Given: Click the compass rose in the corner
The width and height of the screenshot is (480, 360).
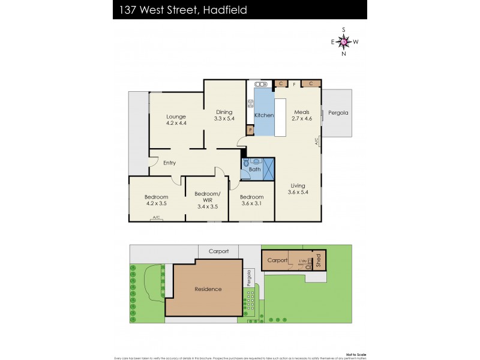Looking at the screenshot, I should (344, 41).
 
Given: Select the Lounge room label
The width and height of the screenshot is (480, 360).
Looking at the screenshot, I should (176, 116).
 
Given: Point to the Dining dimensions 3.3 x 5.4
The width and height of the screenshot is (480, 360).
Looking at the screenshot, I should (224, 119).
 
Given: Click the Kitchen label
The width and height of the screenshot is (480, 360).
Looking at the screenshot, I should (264, 115).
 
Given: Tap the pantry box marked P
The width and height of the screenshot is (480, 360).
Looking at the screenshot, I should (250, 130).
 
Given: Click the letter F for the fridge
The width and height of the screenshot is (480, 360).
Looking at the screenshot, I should (295, 85).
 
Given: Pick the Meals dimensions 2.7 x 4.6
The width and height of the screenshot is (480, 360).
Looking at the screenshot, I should (301, 119).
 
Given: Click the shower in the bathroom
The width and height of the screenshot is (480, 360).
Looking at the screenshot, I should (268, 167).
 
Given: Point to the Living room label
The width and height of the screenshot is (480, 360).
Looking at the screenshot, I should (299, 185).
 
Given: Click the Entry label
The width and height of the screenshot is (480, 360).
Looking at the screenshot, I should (169, 163).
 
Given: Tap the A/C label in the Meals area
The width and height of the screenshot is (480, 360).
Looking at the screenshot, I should (316, 142).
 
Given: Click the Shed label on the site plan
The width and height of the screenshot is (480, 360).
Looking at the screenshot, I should (319, 260).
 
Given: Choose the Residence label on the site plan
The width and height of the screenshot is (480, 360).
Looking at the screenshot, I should (208, 289).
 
